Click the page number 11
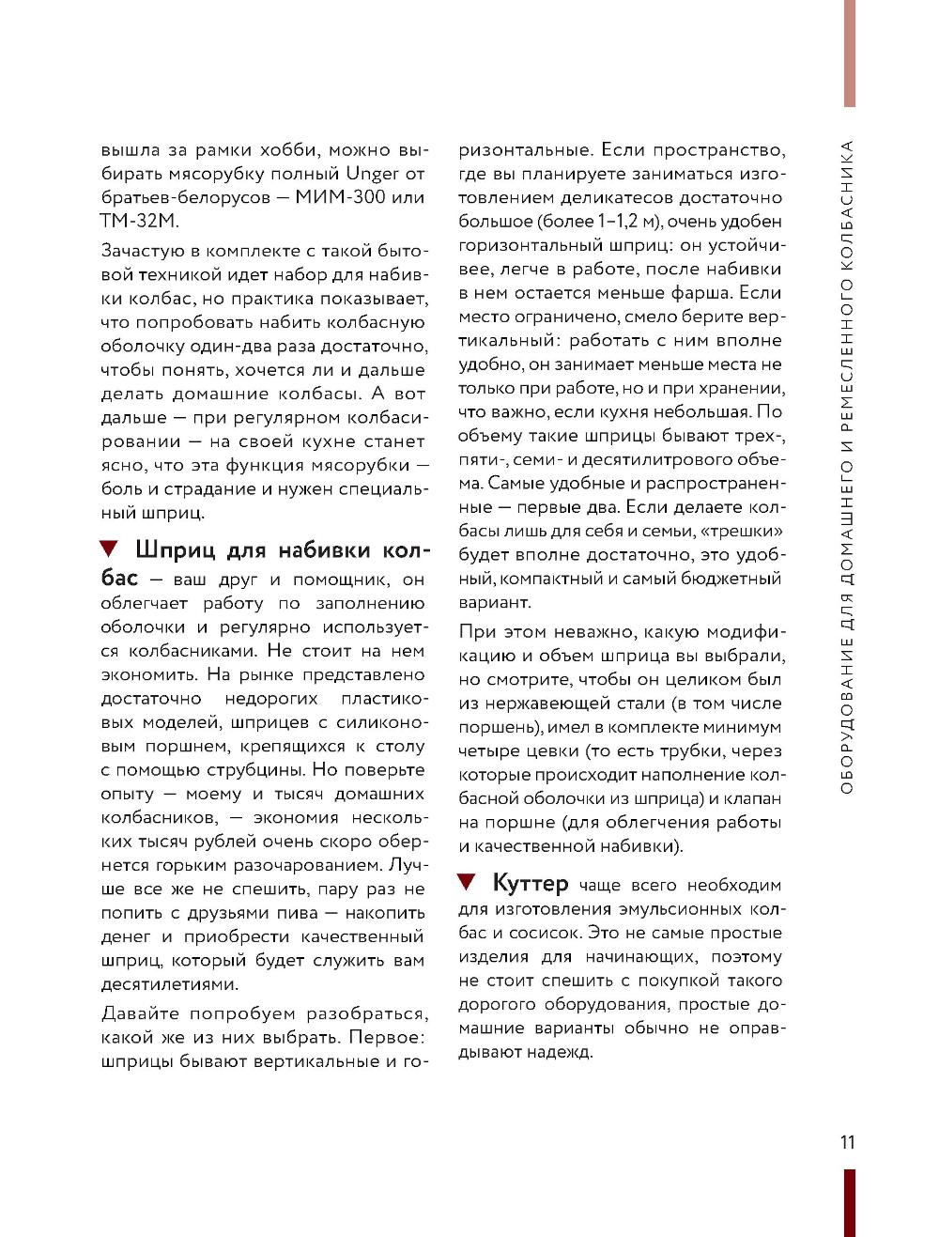point(847,1142)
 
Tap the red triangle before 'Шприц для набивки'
point(109,549)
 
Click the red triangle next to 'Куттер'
point(467,882)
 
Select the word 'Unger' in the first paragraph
point(373,174)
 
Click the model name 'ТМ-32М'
point(138,222)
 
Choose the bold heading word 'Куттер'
point(531,884)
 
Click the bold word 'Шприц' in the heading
point(177,550)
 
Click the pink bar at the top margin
point(850,53)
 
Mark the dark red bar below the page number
point(849,1202)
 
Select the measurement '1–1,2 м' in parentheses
point(627,222)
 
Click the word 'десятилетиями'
point(170,984)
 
